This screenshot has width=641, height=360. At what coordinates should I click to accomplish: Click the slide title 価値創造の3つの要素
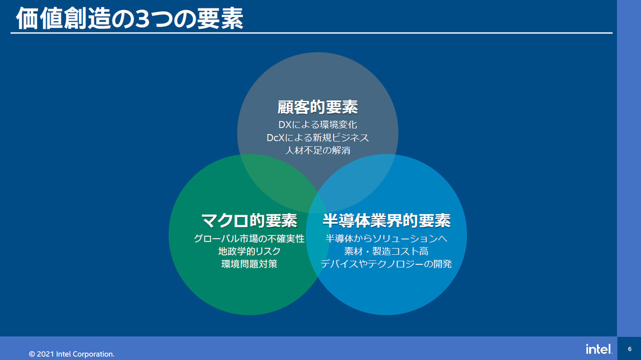[130, 18]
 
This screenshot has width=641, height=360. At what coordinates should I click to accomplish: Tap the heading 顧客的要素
[318, 107]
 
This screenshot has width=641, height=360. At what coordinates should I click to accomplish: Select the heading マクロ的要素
[249, 221]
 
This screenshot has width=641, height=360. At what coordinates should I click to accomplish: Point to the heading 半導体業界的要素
[387, 221]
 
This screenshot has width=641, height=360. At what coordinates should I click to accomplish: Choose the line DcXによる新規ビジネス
[318, 138]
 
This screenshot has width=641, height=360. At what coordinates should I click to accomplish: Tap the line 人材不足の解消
[318, 150]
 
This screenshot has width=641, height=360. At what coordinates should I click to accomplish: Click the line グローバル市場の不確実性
[249, 238]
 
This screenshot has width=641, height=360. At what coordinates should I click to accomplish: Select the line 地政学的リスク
[249, 251]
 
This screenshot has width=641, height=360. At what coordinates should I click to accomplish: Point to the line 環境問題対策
[249, 264]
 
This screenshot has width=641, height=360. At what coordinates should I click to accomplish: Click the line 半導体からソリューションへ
[386, 238]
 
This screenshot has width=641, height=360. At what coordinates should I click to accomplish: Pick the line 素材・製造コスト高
[386, 251]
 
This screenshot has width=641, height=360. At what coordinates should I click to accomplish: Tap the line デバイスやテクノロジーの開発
[386, 264]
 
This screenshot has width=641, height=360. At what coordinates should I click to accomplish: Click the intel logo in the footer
[599, 349]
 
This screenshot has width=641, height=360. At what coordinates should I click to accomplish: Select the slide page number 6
[630, 349]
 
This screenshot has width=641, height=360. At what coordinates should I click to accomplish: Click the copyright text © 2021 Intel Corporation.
[72, 354]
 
